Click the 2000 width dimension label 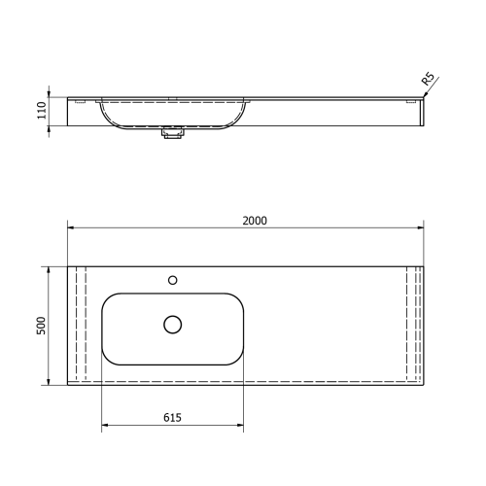255,221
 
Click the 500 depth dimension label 42,325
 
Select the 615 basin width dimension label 173,417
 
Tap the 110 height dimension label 42,111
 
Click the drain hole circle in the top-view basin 173,325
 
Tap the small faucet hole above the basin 173,280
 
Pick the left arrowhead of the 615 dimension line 104,425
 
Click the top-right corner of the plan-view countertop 424,265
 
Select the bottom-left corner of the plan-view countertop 68,385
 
